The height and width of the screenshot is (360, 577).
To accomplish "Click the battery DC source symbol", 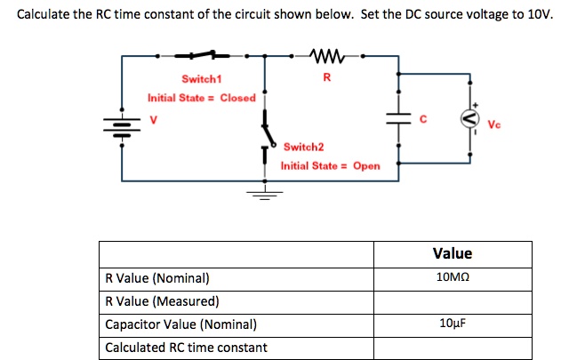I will click(x=122, y=120).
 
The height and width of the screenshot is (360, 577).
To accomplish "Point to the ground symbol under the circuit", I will click(x=263, y=191).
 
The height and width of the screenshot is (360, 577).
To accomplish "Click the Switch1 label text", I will click(x=201, y=80).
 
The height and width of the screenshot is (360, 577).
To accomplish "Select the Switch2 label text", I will click(x=304, y=146).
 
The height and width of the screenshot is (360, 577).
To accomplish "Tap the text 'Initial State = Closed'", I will click(x=202, y=98).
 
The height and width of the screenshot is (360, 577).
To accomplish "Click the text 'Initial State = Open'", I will click(x=330, y=165).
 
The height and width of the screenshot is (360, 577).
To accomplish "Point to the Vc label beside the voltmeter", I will click(x=494, y=124).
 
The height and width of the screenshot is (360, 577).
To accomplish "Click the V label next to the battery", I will click(x=153, y=120).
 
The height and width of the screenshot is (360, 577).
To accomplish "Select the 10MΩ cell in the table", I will click(x=453, y=277).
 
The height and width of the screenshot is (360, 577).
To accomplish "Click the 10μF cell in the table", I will click(x=453, y=324).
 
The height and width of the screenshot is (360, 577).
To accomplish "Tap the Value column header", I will click(x=453, y=253).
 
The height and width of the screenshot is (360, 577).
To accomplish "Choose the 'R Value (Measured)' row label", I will click(x=162, y=300).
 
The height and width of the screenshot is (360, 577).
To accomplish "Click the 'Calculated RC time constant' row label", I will click(x=186, y=347).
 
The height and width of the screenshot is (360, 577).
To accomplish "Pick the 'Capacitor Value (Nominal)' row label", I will click(x=180, y=324).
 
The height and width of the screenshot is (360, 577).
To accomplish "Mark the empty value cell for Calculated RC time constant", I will click(x=453, y=347).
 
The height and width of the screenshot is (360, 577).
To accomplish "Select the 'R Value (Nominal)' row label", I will click(x=157, y=277).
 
